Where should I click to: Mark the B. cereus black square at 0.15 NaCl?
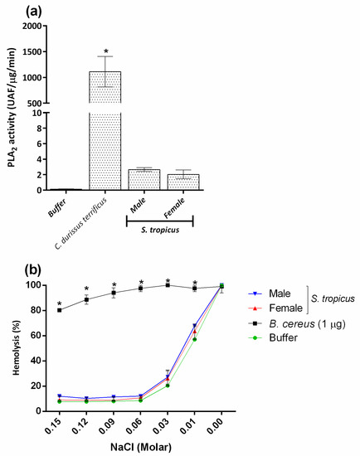[x=59, y=310]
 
